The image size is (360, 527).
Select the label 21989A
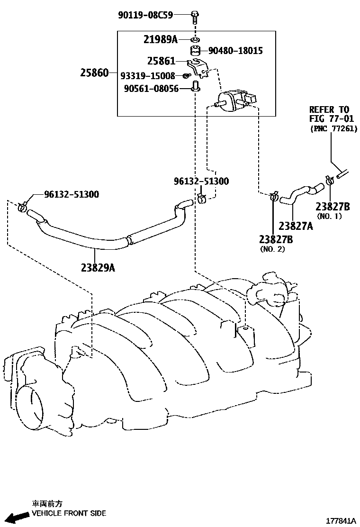click(161, 40)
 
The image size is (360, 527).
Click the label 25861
click(161, 61)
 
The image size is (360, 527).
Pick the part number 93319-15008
click(148, 76)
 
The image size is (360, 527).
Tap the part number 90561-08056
click(151, 88)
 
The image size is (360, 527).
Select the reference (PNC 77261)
click(334, 129)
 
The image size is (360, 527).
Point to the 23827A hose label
click(296, 226)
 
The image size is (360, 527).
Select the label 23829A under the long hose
click(98, 268)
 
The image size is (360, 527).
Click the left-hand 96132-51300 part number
click(72, 194)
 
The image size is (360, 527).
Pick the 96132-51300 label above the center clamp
click(201, 181)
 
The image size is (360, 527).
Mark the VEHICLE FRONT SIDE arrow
click(21, 517)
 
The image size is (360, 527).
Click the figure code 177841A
click(341, 521)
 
